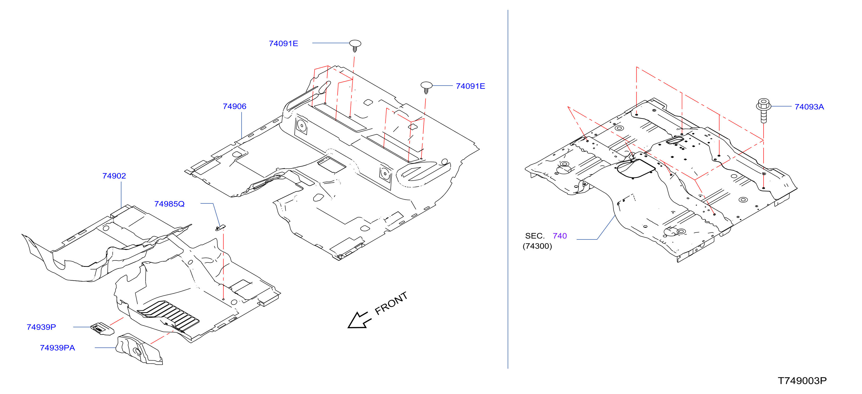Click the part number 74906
pos(234,106)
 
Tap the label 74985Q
pos(169,204)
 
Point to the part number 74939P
pos(41,327)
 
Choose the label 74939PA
pos(57,348)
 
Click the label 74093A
pos(809,107)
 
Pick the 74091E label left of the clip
pos(284,44)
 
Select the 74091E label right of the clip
pos(471,86)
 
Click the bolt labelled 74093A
pos(764,110)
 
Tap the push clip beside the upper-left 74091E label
pos(355,46)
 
